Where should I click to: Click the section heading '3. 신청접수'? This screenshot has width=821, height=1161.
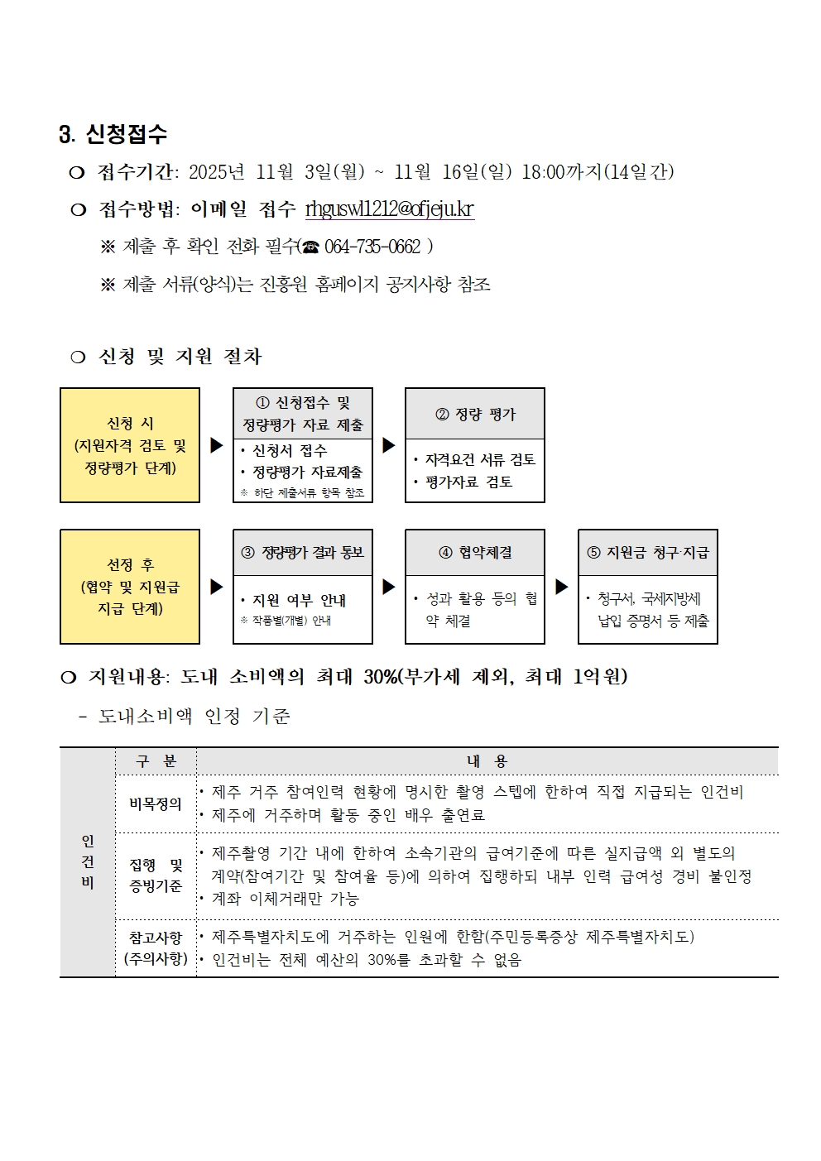pos(113,134)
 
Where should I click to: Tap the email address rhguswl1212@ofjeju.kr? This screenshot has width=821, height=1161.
pos(389,209)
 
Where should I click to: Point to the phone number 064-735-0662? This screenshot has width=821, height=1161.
pos(372,247)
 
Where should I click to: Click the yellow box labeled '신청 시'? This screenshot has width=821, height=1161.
pos(130,445)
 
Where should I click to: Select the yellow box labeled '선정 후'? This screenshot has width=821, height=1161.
pos(130,587)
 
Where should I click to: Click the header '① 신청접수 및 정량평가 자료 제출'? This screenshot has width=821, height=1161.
pos(303,414)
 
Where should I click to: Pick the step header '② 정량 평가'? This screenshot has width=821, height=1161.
pos(475,414)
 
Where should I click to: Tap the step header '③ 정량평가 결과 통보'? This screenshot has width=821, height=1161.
pos(303,553)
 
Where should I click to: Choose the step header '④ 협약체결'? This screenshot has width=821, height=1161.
pos(475,553)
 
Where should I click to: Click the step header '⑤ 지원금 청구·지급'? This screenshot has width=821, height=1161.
pos(648,553)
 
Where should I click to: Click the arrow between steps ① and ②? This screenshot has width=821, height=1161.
pos(389,445)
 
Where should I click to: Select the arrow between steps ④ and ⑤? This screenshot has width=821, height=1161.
pos(562,587)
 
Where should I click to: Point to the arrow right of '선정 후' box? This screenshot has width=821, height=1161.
pos(217,587)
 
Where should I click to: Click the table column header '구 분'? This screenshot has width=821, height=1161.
pos(156,761)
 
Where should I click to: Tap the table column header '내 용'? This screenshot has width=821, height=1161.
pos(487,761)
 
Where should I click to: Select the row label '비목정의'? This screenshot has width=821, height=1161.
pos(156,804)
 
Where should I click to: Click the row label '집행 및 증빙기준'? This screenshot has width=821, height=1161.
pos(156,876)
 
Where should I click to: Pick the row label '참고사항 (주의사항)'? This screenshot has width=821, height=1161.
pos(156,948)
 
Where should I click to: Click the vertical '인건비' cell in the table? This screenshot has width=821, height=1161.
pos(88,861)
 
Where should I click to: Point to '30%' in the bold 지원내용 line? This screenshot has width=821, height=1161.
pos(380,677)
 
